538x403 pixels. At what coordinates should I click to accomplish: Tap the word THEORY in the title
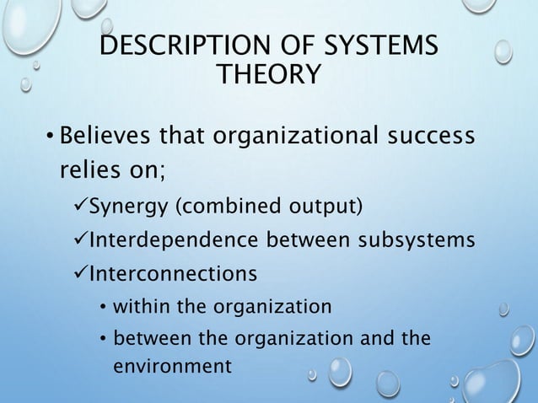(269, 77)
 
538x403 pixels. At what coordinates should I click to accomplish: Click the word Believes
(105, 136)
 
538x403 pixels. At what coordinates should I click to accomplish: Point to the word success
(429, 136)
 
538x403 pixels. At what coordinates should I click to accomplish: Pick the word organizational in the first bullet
(284, 136)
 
